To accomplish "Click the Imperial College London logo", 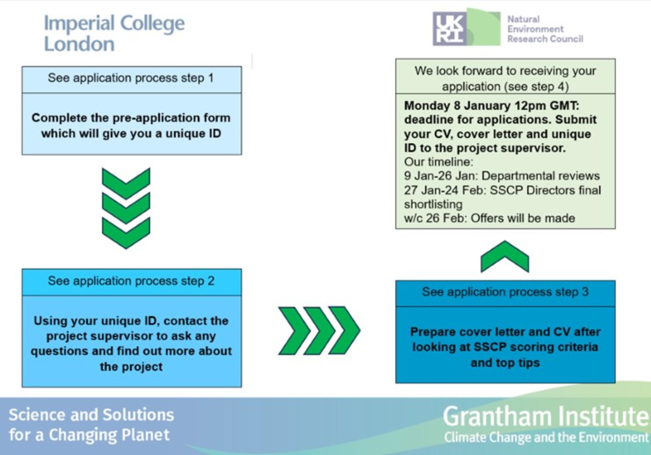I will [x=114, y=33].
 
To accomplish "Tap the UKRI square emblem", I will [x=449, y=29].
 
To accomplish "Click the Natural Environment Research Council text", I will [x=545, y=29].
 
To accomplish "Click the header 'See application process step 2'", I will [x=131, y=281].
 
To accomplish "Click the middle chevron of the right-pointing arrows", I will [x=319, y=331].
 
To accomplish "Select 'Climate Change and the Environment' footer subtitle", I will [x=546, y=437].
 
